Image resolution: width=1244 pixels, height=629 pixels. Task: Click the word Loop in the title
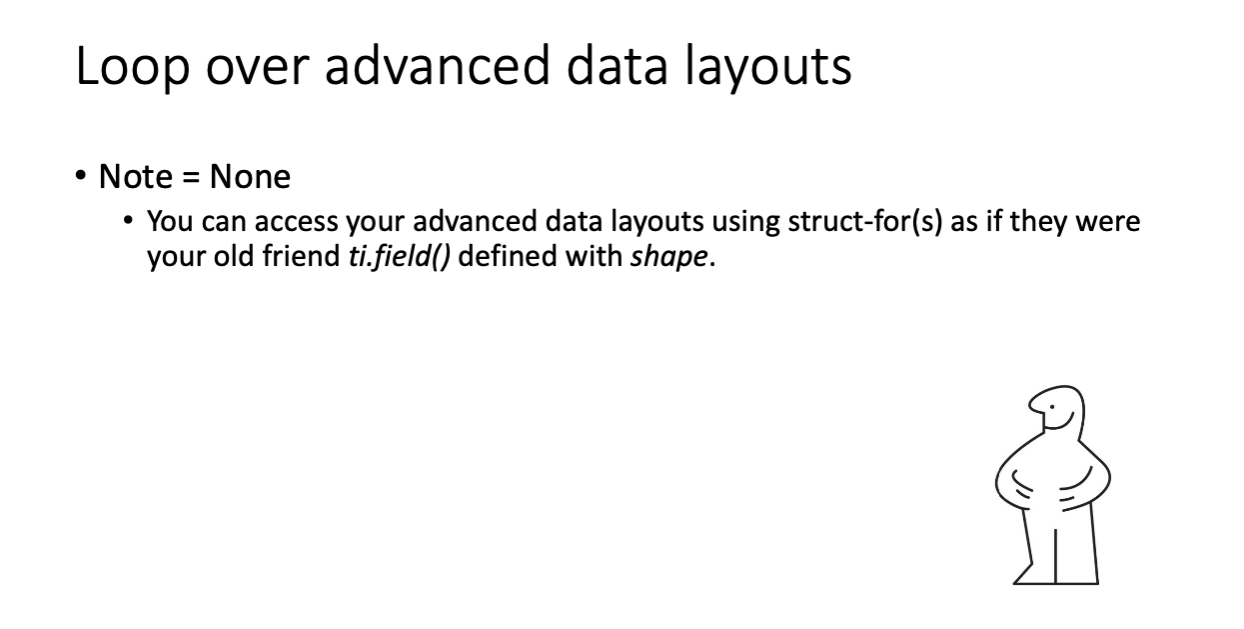132,67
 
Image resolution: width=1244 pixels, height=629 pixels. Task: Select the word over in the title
257,68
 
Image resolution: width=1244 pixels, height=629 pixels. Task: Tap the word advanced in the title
437,65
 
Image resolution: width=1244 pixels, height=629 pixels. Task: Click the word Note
136,177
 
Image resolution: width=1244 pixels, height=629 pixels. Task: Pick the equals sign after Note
191,178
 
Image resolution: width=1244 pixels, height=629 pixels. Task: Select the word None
250,177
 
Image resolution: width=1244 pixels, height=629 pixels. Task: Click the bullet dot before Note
81,176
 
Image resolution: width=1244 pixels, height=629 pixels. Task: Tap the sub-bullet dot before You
128,221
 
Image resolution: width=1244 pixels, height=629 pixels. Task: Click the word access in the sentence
297,222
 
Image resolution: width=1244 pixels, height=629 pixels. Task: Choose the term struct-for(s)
864,222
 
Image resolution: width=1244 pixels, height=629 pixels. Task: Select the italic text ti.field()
400,257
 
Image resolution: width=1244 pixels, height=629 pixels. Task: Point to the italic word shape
669,257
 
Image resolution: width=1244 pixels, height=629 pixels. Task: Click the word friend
301,256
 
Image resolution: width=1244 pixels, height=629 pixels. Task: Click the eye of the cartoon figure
1052,407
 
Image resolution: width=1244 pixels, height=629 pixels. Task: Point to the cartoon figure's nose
1033,406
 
